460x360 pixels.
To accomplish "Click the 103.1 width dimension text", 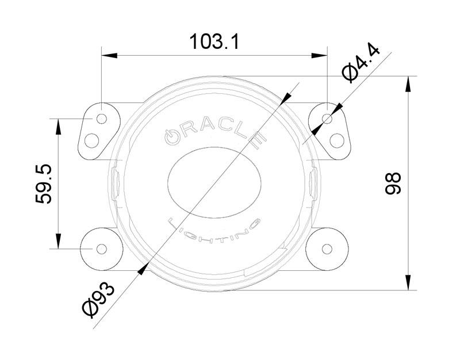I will [x=214, y=41].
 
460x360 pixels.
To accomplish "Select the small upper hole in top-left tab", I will [x=102, y=119].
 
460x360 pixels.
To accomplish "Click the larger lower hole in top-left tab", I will [x=92, y=140].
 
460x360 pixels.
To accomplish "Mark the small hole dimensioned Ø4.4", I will [x=328, y=119].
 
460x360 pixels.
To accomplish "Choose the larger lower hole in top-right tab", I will [x=338, y=140].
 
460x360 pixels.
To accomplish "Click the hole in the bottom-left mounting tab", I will [x=101, y=248].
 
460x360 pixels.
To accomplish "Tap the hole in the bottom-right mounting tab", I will [x=328, y=248].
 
